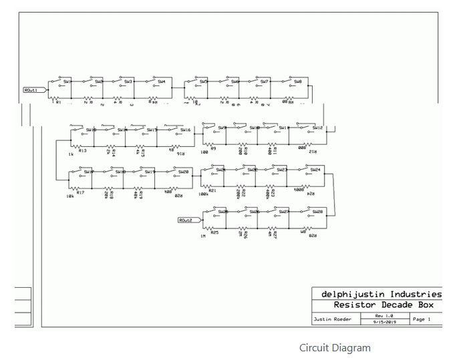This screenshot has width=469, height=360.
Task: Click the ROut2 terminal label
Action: [x=186, y=220]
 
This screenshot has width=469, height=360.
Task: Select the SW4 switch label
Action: [x=161, y=81]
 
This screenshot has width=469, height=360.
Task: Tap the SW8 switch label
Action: [x=297, y=81]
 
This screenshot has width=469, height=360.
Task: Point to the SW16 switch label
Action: [x=185, y=130]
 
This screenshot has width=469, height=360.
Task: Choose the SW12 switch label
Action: [x=317, y=127]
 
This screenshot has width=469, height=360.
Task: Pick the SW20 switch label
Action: [x=183, y=172]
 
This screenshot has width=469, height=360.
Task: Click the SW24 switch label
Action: [x=315, y=170]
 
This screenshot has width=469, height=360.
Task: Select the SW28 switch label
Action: [x=318, y=212]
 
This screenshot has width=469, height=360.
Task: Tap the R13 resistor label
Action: [x=83, y=150]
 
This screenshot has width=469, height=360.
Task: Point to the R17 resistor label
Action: [x=80, y=192]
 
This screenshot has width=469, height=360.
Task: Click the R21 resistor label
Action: [x=212, y=190]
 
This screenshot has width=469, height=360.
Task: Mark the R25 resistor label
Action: [x=214, y=232]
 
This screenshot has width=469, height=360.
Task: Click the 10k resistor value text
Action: [x=69, y=196]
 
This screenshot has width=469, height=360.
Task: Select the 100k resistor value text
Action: [x=203, y=194]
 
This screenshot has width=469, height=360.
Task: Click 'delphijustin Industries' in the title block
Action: [x=381, y=294]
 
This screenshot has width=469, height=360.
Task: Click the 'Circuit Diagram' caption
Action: [x=334, y=347]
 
